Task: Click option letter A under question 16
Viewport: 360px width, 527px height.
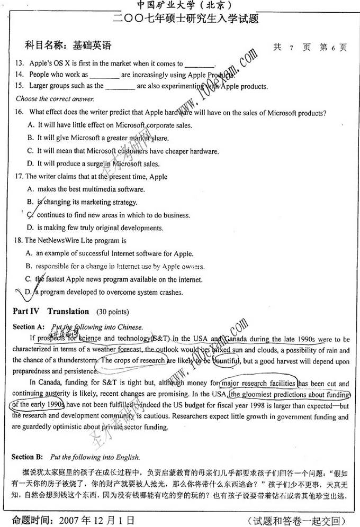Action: point(31,125)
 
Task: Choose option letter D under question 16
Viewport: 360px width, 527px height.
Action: point(31,163)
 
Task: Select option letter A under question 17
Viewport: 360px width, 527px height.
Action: point(31,189)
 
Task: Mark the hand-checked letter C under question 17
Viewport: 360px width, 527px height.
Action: point(31,215)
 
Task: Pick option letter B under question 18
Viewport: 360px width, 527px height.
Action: point(30,267)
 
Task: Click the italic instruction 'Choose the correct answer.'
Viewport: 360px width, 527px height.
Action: point(55,99)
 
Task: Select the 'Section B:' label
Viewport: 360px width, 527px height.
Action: point(30,457)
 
